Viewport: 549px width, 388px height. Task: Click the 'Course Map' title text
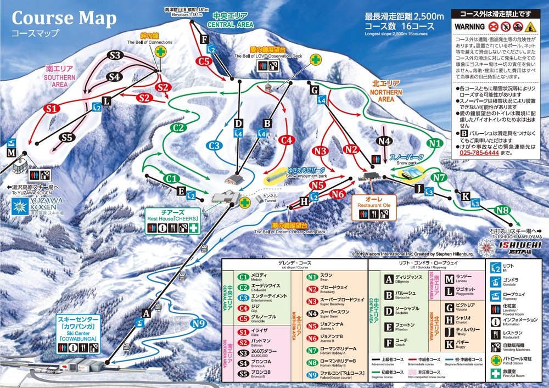[64, 18]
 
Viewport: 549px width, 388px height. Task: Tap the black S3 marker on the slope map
[115, 55]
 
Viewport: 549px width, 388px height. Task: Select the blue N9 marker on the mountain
[200, 324]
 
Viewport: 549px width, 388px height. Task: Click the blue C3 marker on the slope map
[215, 145]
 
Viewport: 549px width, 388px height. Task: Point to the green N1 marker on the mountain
[435, 143]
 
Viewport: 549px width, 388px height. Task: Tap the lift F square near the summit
[204, 39]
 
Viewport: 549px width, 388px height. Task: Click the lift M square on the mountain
[12, 153]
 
